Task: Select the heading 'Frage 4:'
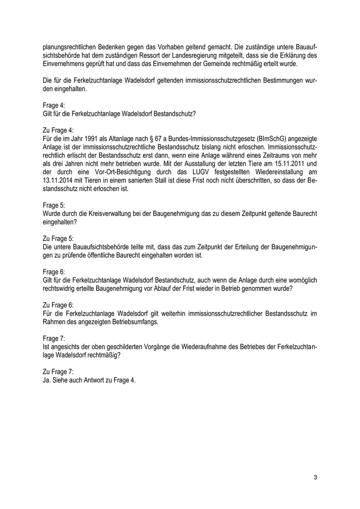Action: [x=54, y=105]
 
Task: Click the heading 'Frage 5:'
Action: [x=54, y=205]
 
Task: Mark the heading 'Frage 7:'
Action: [x=54, y=339]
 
